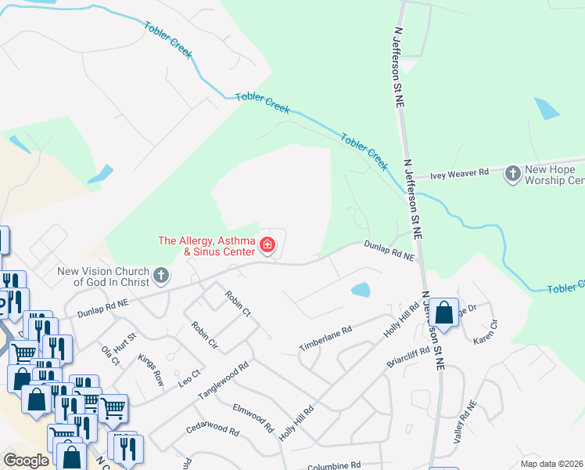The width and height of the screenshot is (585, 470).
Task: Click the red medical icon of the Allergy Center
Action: [x=267, y=246]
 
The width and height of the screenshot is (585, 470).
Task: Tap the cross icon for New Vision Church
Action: [x=161, y=275]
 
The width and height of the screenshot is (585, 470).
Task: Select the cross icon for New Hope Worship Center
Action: [x=512, y=173]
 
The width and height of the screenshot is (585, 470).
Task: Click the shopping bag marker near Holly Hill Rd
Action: [x=443, y=313]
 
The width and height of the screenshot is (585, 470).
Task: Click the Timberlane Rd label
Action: [x=326, y=338]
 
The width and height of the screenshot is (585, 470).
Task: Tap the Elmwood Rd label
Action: [x=253, y=419]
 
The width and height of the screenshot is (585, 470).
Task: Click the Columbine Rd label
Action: [x=333, y=465]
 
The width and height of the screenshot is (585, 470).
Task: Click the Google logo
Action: [x=26, y=461]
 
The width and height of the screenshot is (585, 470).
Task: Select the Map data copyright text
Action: [x=551, y=464]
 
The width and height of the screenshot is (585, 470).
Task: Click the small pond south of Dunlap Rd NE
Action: [x=361, y=291]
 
